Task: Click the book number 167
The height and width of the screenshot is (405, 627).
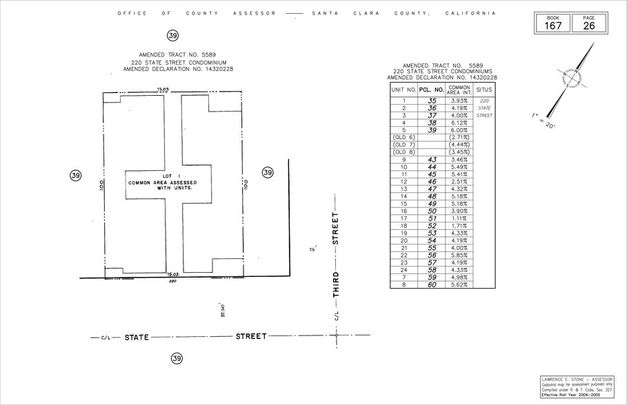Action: (x=554, y=25)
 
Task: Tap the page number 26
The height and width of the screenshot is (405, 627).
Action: (x=588, y=25)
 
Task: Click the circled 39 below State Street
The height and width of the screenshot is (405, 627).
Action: (x=177, y=358)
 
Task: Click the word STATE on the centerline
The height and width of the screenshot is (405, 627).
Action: (x=137, y=337)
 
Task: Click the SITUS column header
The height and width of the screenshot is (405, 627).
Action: (x=485, y=89)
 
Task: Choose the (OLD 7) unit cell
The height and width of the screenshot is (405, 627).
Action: (x=404, y=145)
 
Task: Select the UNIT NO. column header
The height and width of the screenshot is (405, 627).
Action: (x=404, y=89)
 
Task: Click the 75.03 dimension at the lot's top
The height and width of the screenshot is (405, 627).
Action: (x=163, y=89)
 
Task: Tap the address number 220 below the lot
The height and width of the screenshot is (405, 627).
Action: (x=173, y=281)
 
